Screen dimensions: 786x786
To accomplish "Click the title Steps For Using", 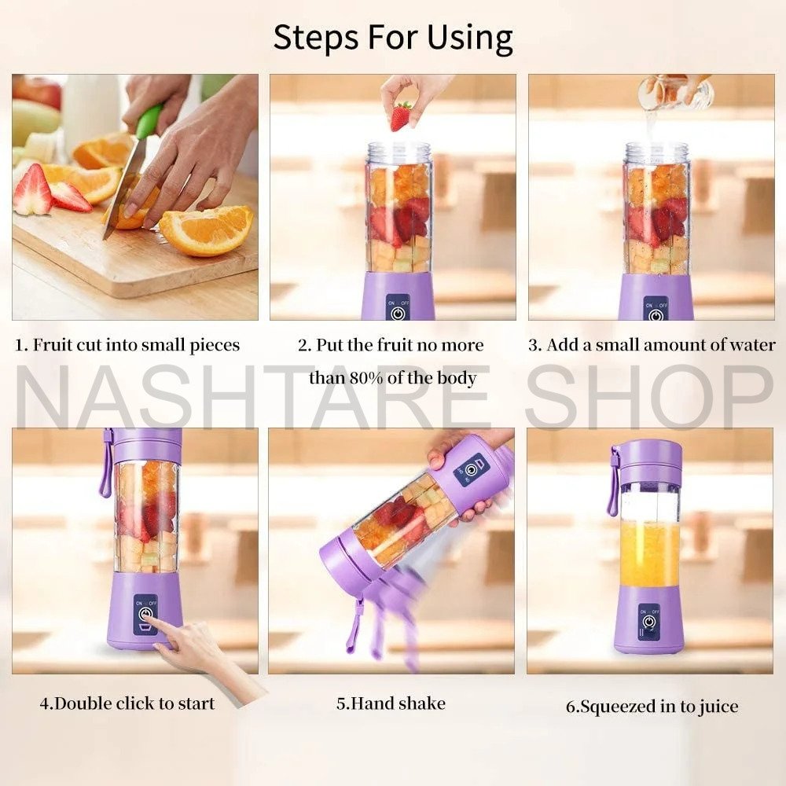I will click(x=393, y=37).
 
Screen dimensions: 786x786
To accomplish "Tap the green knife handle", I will click(x=149, y=121).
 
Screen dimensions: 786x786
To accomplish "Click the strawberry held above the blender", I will click(x=401, y=116).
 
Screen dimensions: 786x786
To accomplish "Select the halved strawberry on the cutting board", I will click(x=33, y=191).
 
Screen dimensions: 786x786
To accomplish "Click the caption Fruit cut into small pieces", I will click(x=127, y=345).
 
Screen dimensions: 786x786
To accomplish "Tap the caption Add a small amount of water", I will click(x=651, y=345).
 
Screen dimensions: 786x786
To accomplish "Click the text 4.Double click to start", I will click(x=127, y=703).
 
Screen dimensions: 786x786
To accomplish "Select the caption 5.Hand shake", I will click(x=391, y=703).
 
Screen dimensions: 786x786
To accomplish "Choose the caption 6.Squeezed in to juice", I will click(x=652, y=706).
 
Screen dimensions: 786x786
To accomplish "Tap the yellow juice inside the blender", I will click(x=648, y=554).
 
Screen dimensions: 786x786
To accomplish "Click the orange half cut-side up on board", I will click(x=208, y=230).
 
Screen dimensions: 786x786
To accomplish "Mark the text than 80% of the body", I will click(x=392, y=378).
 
